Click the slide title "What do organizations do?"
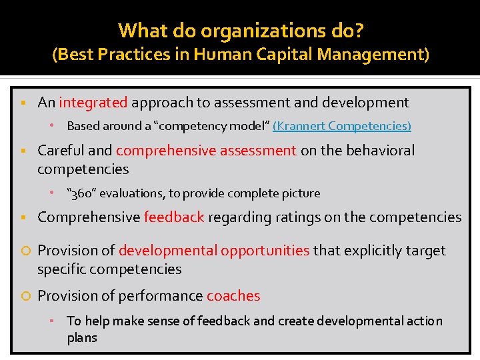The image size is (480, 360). tap(240, 30)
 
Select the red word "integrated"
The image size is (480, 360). tap(93, 103)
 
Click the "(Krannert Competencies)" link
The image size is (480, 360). tap(342, 125)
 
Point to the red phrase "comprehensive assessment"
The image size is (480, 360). tap(206, 151)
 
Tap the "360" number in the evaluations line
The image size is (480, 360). tap(82, 193)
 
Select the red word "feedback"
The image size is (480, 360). tap(173, 217)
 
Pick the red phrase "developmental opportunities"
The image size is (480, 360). tap(214, 251)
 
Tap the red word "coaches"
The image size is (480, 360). tap(233, 296)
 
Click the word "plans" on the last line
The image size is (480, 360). tap(82, 337)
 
